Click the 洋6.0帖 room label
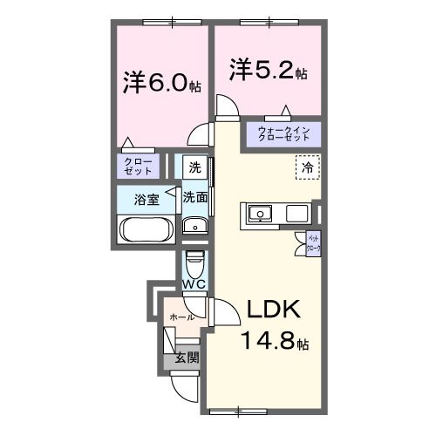(162, 84)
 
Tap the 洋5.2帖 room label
(268, 69)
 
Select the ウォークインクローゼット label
(284, 134)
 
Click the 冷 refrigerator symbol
(307, 166)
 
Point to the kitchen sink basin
(261, 213)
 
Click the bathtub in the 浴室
(146, 231)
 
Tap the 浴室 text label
(146, 199)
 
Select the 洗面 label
(194, 198)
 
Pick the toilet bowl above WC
(194, 260)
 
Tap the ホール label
(182, 317)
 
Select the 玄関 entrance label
(186, 357)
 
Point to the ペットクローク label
(313, 242)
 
